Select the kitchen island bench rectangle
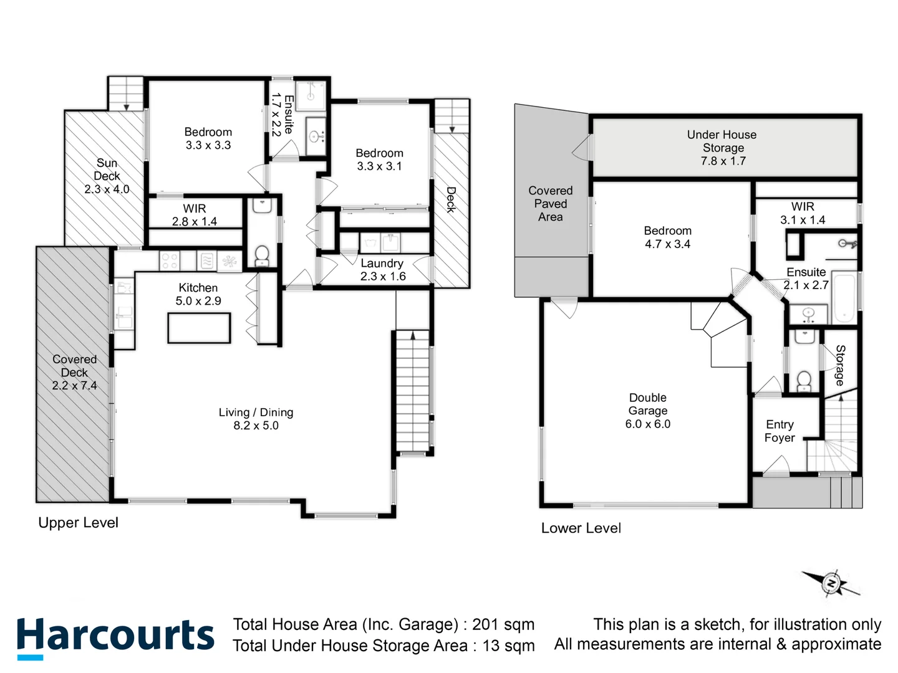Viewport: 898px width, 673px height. (199, 328)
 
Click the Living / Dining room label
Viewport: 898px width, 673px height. (256, 419)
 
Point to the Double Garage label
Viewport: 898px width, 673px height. (648, 411)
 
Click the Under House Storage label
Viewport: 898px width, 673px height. (722, 148)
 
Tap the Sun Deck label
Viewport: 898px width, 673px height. (107, 176)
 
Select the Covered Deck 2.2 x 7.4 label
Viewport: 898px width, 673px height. (74, 372)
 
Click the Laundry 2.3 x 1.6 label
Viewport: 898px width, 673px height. (382, 270)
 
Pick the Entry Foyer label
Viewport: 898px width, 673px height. (780, 431)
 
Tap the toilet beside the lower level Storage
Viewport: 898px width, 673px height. (804, 379)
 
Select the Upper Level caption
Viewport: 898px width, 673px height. (78, 523)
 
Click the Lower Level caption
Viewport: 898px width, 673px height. (581, 528)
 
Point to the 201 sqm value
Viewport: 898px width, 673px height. (503, 624)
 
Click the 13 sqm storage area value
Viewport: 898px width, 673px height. (508, 646)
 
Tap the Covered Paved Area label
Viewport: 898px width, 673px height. (550, 204)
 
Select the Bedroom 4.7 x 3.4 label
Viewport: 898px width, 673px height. (667, 237)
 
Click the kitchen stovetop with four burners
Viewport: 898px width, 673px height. (170, 261)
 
